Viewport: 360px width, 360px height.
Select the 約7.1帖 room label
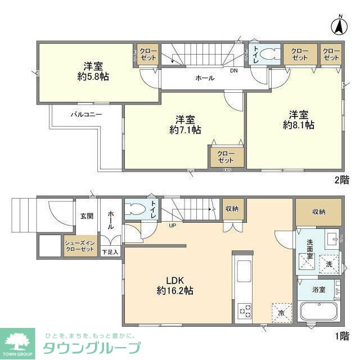pos(185,124)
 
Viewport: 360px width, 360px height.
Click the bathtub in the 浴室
pos(319,312)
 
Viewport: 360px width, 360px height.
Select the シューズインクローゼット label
pos(79,245)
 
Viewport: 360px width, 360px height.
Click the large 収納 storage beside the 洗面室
pos(319,211)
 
